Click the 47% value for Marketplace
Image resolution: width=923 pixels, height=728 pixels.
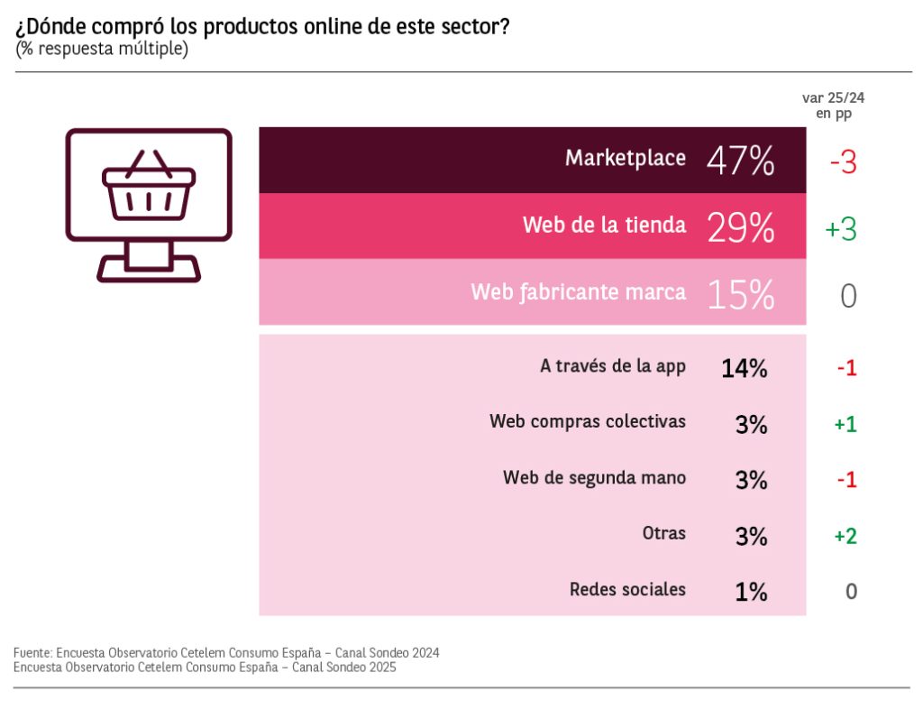pos(740,161)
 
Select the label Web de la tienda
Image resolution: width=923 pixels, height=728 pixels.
pos(604,226)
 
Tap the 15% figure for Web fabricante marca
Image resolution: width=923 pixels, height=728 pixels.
pos(740,294)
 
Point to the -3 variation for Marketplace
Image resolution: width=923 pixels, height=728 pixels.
pos(843,162)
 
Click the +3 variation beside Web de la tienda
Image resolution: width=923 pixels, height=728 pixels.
pos(840,229)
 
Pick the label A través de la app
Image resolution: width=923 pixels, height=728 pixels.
pos(613,366)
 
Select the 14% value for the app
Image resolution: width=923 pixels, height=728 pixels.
pos(744,368)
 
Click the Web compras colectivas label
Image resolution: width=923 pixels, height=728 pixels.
pos(588,421)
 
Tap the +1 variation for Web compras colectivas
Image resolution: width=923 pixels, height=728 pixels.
pos(845,424)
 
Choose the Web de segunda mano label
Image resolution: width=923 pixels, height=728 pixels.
pos(594,478)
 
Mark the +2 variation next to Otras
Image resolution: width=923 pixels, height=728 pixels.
pos(845,537)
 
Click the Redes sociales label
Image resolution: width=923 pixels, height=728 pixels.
pos(627,590)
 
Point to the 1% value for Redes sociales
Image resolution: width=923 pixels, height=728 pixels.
pos(750,592)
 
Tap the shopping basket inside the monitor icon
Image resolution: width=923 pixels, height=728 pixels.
pos(149,186)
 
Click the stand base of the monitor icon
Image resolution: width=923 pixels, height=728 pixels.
pos(149,268)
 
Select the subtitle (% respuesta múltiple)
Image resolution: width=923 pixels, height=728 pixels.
pos(101,49)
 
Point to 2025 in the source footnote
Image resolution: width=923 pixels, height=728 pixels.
pos(381,668)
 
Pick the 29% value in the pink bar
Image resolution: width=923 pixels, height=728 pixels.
pos(740,227)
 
